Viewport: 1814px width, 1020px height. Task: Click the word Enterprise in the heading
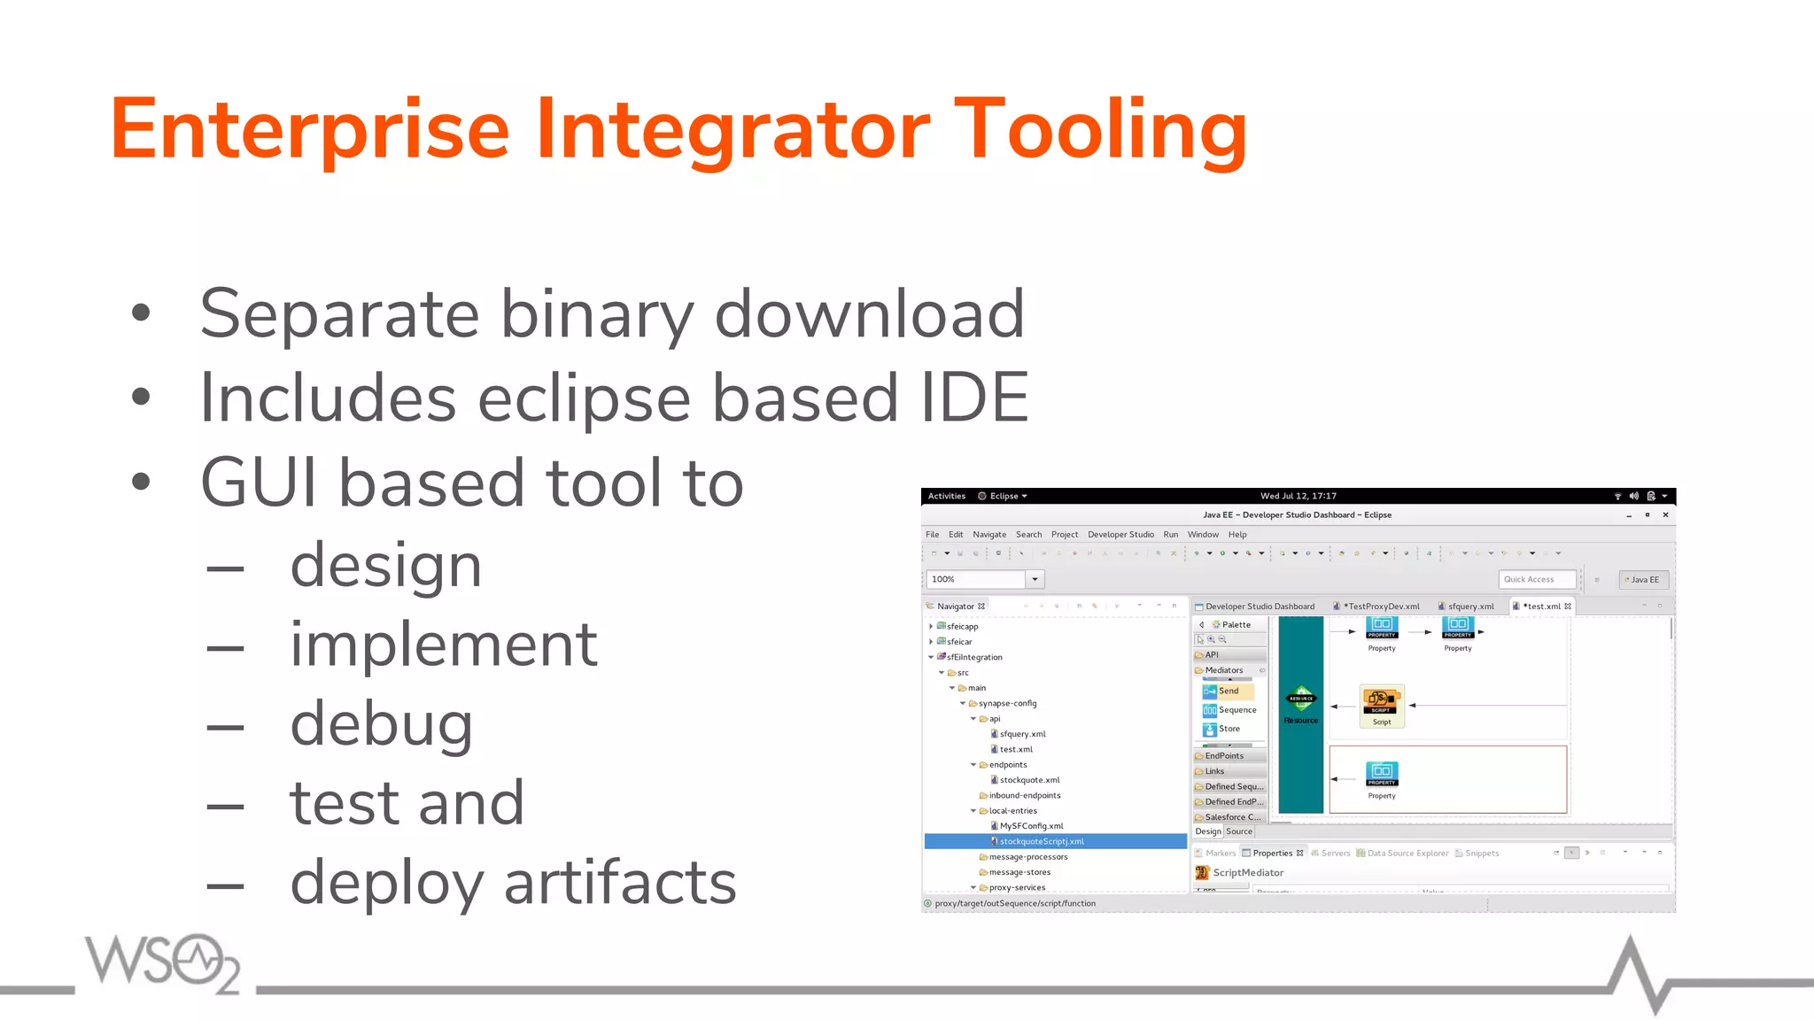click(x=310, y=130)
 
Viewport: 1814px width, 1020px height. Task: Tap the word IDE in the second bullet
click(x=974, y=398)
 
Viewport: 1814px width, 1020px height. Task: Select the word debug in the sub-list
click(x=382, y=724)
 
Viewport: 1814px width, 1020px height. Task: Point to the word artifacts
click(x=620, y=883)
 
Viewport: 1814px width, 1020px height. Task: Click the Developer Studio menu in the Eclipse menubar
click(x=1120, y=535)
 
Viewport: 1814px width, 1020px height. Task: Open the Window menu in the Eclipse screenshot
click(x=1203, y=535)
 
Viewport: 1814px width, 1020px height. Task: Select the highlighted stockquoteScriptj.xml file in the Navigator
click(x=1042, y=842)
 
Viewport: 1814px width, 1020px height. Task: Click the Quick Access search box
click(x=1536, y=580)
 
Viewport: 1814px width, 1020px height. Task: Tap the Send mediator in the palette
click(x=1228, y=692)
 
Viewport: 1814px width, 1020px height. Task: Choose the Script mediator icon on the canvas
click(x=1381, y=701)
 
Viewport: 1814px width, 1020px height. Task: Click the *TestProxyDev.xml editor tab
click(x=1383, y=607)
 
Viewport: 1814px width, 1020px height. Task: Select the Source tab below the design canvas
click(x=1239, y=831)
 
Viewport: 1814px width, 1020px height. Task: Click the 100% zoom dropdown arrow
click(x=1035, y=580)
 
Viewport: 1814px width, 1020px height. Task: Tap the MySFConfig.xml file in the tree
click(x=1031, y=826)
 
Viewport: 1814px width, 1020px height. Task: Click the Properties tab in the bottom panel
click(x=1272, y=854)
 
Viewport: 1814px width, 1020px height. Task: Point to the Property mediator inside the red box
click(x=1381, y=773)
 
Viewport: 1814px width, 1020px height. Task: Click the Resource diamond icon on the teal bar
click(x=1301, y=699)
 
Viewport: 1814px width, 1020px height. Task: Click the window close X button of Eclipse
click(x=1665, y=515)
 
